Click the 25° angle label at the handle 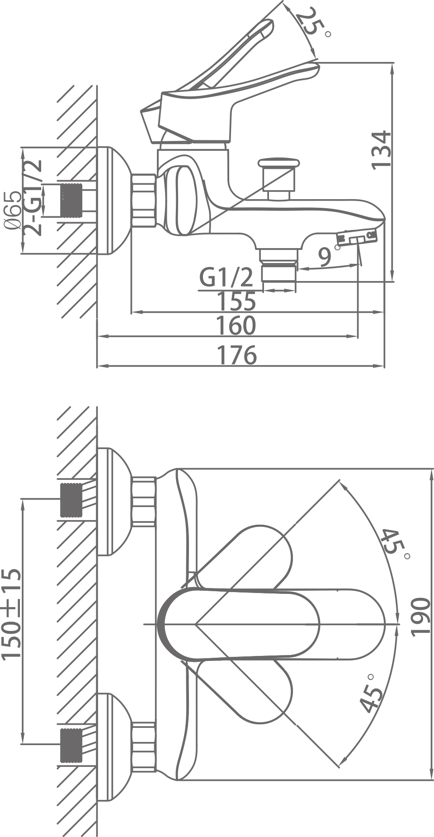[x=311, y=23]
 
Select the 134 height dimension [x=381, y=150]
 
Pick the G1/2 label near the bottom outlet [x=226, y=277]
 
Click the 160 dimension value [x=236, y=326]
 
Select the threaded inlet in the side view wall [x=71, y=201]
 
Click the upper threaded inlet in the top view [x=71, y=500]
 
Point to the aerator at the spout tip [x=357, y=238]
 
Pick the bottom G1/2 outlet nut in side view [x=279, y=273]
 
